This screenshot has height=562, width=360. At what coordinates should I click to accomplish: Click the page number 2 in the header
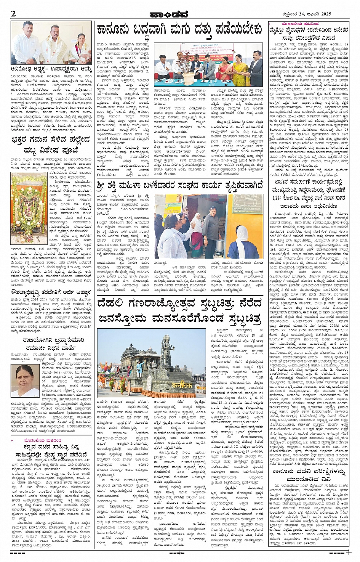[x=13, y=14]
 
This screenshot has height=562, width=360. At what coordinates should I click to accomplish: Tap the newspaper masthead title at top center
[x=180, y=14]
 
